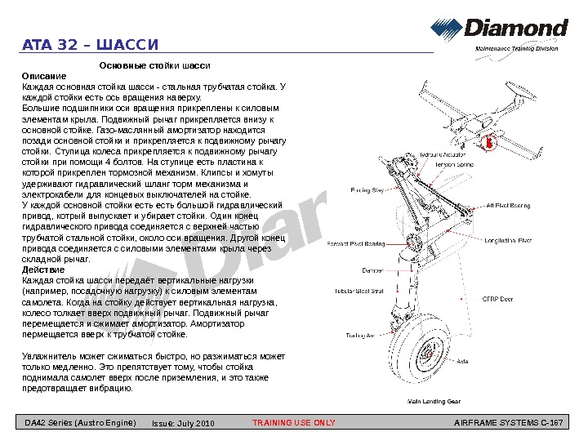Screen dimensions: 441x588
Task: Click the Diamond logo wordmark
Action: (x=516, y=29)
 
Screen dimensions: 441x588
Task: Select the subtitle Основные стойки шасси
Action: (x=154, y=65)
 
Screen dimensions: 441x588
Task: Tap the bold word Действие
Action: (x=43, y=270)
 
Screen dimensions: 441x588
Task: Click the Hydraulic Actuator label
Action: (x=443, y=154)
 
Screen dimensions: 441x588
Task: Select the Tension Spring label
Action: (x=455, y=164)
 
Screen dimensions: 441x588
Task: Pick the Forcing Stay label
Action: (x=367, y=190)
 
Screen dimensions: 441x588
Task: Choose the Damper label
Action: (x=372, y=270)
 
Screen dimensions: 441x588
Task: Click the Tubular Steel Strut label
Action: (x=359, y=291)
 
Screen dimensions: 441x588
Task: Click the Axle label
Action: (x=461, y=361)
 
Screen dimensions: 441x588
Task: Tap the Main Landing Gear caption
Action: (x=434, y=402)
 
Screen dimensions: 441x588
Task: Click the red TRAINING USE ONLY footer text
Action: (x=294, y=423)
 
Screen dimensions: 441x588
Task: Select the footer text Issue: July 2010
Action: (x=183, y=423)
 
